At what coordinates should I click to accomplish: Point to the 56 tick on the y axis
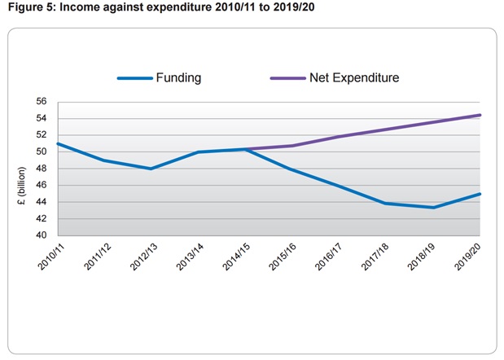click(41, 102)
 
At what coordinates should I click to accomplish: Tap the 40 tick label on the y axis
click(41, 235)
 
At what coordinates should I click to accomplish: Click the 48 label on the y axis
click(41, 169)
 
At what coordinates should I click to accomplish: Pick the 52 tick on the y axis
click(41, 135)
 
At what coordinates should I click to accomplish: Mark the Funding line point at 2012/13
click(151, 169)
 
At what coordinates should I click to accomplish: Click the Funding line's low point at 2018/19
click(433, 208)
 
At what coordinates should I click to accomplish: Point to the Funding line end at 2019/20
click(480, 194)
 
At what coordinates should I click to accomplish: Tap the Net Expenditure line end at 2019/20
click(480, 115)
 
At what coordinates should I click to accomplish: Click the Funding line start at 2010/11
click(57, 143)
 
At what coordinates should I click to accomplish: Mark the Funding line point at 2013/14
click(198, 152)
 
